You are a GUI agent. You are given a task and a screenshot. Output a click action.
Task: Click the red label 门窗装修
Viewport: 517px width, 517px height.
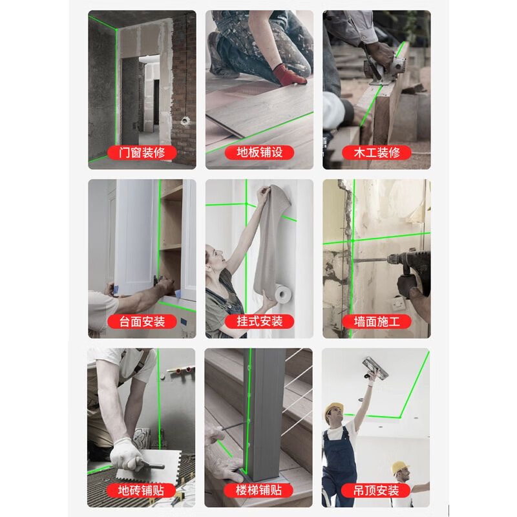point(142,153)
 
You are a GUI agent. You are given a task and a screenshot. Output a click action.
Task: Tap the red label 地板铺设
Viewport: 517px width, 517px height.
point(259,153)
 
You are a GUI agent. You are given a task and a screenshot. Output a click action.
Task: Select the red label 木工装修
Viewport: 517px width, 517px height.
point(377,153)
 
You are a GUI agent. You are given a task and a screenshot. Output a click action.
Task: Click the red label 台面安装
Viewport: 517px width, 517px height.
point(142,321)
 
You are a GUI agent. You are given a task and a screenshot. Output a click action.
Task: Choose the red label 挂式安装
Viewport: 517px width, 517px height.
point(259,321)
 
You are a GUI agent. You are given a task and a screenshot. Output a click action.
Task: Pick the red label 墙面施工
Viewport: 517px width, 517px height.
point(377,321)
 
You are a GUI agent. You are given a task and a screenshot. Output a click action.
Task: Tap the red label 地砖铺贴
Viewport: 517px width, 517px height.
point(142,490)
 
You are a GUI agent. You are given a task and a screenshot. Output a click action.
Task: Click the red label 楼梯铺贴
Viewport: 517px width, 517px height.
point(259,490)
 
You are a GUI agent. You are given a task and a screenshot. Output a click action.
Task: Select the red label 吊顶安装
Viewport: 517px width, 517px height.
point(377,490)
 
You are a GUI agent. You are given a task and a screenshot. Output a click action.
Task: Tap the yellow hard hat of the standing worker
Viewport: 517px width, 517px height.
point(334,409)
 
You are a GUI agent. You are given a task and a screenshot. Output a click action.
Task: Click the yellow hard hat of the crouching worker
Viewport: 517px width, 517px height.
point(401,467)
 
